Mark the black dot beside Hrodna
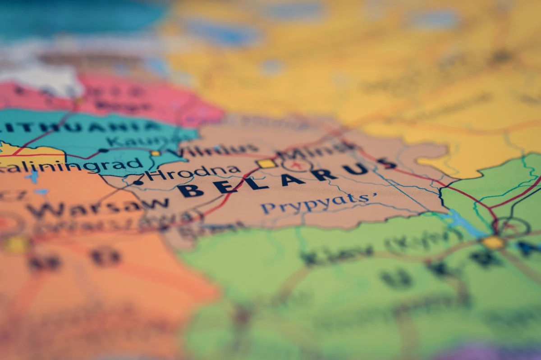coord(138,182)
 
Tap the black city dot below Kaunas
coord(103,150)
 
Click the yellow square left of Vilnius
coord(156,153)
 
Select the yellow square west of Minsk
coord(266,164)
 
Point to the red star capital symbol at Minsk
coord(296,165)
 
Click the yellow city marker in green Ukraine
coord(493,242)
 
